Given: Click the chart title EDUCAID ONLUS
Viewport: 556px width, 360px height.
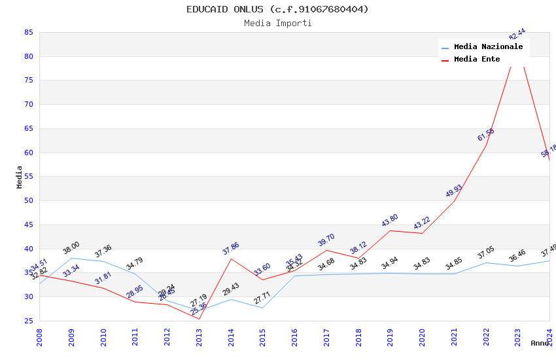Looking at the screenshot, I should (x=277, y=9).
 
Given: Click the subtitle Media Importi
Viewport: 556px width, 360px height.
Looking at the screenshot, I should (x=277, y=24).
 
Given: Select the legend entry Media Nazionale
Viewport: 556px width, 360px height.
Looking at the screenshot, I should (x=488, y=47).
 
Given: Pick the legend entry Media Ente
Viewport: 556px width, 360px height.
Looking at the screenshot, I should (x=477, y=60).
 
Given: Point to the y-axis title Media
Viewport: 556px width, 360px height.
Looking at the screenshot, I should (x=20, y=177).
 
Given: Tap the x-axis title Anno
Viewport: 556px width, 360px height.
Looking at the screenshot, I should (x=540, y=343).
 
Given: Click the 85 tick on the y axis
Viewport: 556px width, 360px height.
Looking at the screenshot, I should (x=28, y=32).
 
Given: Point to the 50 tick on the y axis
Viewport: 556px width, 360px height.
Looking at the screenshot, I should (x=28, y=201).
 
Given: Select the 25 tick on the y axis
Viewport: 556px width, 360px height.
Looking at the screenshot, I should (x=28, y=321).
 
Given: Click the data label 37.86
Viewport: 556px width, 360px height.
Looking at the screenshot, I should (x=231, y=249).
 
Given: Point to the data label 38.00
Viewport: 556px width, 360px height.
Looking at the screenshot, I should (x=71, y=247).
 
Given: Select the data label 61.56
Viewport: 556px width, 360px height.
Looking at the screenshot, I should (x=486, y=135).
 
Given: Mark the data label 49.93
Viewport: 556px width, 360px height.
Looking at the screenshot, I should (x=454, y=191).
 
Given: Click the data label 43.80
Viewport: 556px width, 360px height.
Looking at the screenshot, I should (x=390, y=221).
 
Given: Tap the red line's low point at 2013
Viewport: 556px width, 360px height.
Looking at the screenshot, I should (x=199, y=319).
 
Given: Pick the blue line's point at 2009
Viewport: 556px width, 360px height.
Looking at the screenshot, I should (x=71, y=258).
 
